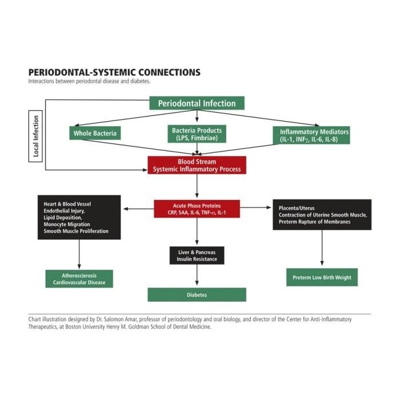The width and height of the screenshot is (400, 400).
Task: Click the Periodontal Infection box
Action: click(x=197, y=103)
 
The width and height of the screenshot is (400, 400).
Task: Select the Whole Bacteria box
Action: click(x=95, y=134)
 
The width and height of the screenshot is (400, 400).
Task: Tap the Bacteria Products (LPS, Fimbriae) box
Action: click(x=197, y=134)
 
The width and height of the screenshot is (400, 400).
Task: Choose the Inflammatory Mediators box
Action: click(x=314, y=135)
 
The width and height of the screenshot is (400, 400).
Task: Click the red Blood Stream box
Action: click(x=197, y=165)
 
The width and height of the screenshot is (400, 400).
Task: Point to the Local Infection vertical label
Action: click(x=36, y=137)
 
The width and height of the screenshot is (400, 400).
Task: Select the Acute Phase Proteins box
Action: click(x=197, y=209)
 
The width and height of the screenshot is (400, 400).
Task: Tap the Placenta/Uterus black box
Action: click(x=322, y=214)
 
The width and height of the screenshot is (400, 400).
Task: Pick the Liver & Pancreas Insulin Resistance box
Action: click(x=197, y=255)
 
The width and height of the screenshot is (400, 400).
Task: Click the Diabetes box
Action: click(x=197, y=295)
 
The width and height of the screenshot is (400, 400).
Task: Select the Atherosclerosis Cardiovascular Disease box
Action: click(x=79, y=279)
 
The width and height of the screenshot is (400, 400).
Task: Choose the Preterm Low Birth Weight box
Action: click(x=322, y=278)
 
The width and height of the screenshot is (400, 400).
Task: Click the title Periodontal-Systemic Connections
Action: click(x=114, y=73)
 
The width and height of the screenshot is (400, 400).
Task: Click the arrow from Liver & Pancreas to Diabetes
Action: click(x=197, y=275)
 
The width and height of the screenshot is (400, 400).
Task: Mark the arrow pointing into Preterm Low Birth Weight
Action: click(x=322, y=249)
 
